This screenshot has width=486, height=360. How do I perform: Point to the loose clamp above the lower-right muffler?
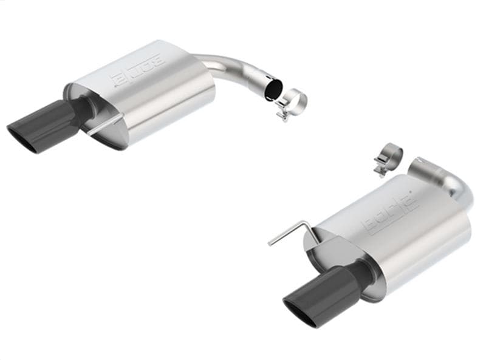click(x=388, y=156)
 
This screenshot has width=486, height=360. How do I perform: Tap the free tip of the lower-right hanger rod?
click(x=270, y=244)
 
